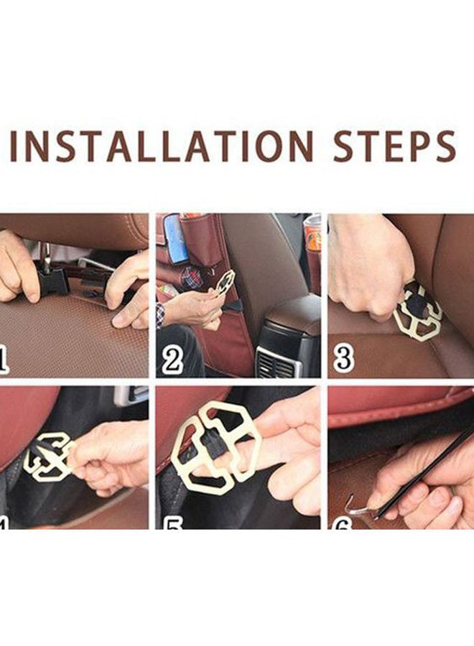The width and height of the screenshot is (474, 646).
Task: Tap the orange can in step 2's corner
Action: tap(312, 233)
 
